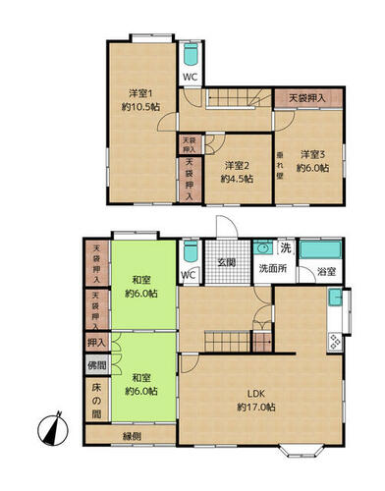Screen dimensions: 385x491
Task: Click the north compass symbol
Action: (53, 429)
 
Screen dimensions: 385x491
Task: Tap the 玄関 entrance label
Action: (227, 262)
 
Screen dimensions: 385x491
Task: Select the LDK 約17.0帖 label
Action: (256, 401)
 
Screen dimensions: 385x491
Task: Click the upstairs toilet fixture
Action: (191, 54)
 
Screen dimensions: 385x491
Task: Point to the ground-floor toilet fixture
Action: (191, 252)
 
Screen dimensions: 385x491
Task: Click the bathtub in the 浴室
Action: (321, 250)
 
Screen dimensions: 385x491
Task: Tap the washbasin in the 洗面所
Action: (263, 248)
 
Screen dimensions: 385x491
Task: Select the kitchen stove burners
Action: (335, 342)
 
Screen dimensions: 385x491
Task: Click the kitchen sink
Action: (335, 297)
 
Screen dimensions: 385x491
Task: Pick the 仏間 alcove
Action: (97, 364)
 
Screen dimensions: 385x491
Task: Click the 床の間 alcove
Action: (97, 401)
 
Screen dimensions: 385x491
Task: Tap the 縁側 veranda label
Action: (132, 436)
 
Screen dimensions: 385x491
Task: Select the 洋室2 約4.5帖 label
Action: (237, 172)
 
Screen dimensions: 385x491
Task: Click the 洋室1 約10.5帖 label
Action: (140, 100)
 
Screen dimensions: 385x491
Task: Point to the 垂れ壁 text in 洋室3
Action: (280, 165)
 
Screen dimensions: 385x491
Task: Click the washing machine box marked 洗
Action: (286, 247)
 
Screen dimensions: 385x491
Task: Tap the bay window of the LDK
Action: (302, 451)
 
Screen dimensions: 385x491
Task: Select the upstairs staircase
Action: (240, 97)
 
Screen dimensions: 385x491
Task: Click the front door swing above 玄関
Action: (226, 227)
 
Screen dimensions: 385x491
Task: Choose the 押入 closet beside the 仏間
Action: (97, 343)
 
